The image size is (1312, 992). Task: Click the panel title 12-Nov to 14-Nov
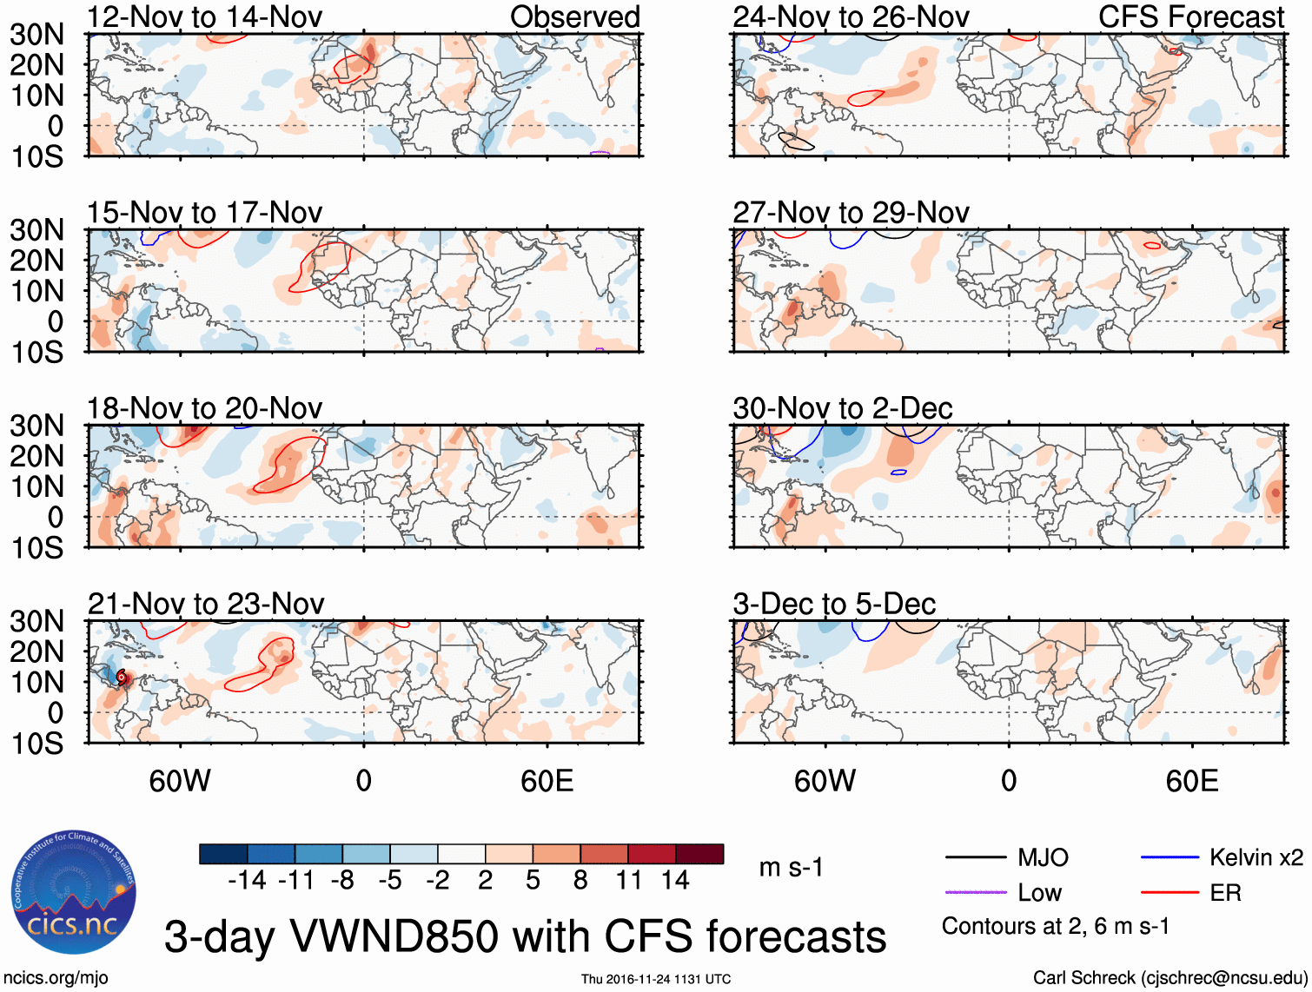(x=204, y=17)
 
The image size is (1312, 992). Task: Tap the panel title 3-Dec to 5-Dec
(x=834, y=604)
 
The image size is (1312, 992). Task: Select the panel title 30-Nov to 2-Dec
(x=843, y=408)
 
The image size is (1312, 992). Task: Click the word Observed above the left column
(x=574, y=17)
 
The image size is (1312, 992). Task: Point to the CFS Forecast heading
(x=1191, y=17)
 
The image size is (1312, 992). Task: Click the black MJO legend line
(x=975, y=858)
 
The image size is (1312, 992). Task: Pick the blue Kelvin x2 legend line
(x=1170, y=858)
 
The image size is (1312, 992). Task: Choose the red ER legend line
(x=1170, y=892)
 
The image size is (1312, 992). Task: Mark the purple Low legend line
(x=975, y=892)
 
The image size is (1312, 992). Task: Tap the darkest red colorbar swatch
(x=699, y=854)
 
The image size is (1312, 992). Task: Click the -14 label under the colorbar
(x=247, y=881)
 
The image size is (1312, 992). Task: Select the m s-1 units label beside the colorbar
(x=791, y=867)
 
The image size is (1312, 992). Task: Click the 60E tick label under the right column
(x=1191, y=781)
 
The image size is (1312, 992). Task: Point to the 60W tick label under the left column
(x=180, y=781)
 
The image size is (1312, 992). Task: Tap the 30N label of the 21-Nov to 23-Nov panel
(x=36, y=621)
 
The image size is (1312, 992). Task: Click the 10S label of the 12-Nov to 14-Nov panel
(x=36, y=156)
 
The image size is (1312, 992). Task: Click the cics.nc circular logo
(x=73, y=893)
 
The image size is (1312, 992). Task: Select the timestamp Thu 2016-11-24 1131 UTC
(x=656, y=979)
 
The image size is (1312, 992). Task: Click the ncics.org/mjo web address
(x=56, y=978)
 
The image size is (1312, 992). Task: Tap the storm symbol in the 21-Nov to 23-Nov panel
(x=122, y=677)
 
